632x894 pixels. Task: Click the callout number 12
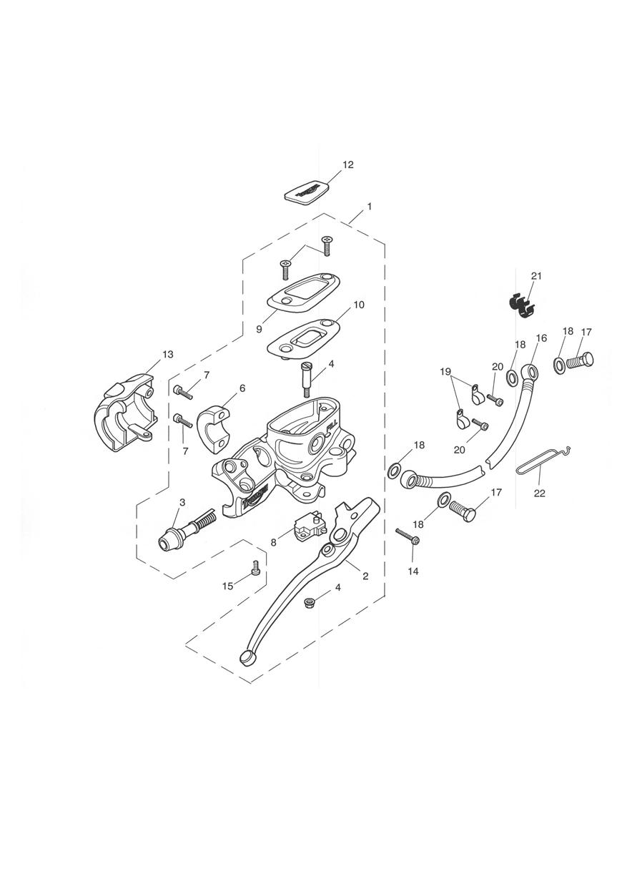click(348, 164)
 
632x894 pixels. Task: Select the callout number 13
click(167, 355)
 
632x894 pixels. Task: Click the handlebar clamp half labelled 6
click(214, 429)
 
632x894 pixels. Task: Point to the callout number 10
click(358, 305)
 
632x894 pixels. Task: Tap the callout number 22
click(540, 493)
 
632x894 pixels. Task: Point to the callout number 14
click(413, 571)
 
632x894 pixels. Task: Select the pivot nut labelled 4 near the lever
click(308, 601)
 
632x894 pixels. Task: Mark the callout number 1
click(370, 207)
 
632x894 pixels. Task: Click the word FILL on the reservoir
click(332, 428)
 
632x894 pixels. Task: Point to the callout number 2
click(365, 576)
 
